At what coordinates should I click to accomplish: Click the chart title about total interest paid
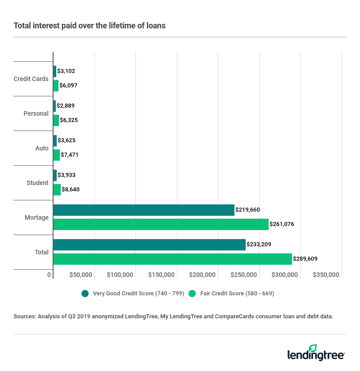point(90,26)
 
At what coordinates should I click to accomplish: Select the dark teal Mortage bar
point(144,210)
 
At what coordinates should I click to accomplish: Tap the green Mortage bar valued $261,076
point(161,224)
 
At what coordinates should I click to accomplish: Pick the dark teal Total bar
point(149,244)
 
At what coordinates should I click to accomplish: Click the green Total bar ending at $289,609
point(172,259)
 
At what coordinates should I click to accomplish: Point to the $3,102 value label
point(66,71)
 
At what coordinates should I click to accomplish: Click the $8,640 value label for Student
point(71,190)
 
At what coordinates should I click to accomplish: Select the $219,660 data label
point(247,210)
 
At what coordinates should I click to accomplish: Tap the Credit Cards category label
point(31,79)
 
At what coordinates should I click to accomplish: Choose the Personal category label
point(36,113)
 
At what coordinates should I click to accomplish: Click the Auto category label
point(42,148)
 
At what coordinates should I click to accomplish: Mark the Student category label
point(37,183)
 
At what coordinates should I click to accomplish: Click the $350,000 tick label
point(326,275)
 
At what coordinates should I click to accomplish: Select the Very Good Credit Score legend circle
point(85,294)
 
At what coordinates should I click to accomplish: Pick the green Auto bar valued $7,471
point(57,155)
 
